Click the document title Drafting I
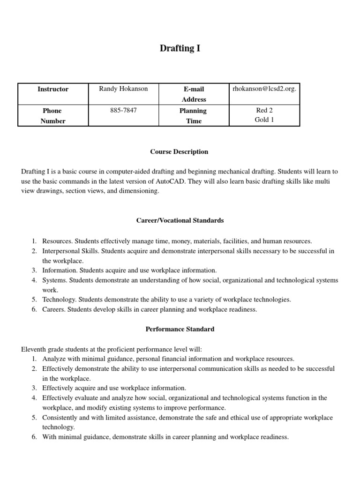click(x=180, y=48)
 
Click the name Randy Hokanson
click(x=123, y=89)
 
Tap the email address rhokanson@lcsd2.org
click(x=264, y=89)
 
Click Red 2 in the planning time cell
click(x=264, y=110)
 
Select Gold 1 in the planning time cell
click(x=264, y=120)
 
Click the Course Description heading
click(x=179, y=152)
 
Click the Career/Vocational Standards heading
click(x=180, y=220)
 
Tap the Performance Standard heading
click(x=180, y=329)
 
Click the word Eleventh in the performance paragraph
click(x=35, y=349)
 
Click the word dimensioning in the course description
click(x=140, y=191)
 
